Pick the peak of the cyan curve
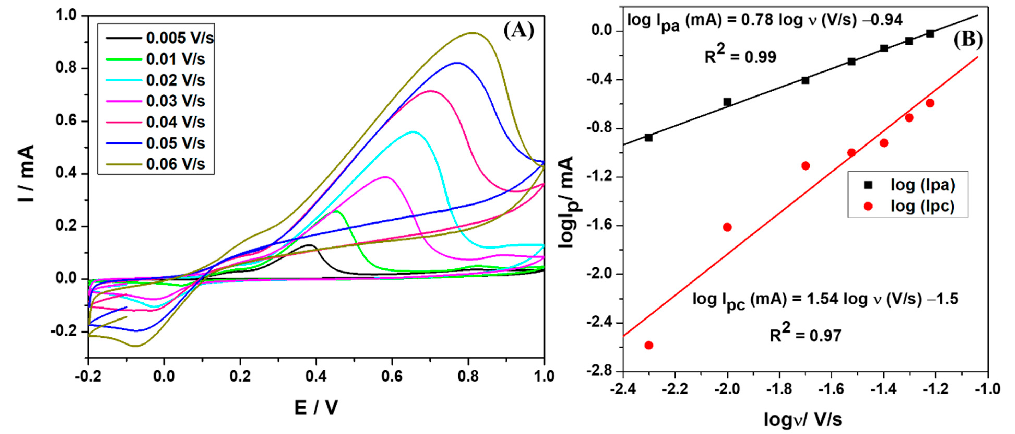coord(413,131)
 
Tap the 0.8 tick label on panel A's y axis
coord(66,68)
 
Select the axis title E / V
coord(316,408)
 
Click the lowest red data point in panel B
coord(649,345)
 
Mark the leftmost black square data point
coord(649,138)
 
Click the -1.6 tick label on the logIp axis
coord(598,226)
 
